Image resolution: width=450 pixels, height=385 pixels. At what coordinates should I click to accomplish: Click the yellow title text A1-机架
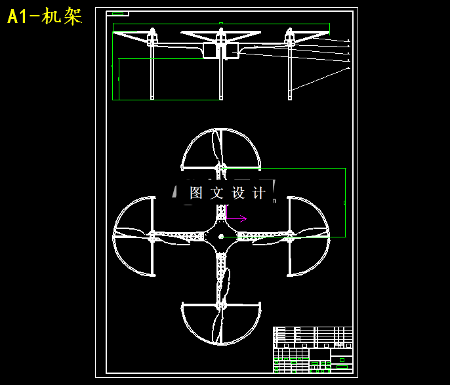click(x=45, y=17)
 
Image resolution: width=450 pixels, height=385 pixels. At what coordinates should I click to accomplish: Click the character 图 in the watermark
click(x=196, y=193)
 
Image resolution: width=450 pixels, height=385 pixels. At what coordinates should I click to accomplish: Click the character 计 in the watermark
click(x=259, y=193)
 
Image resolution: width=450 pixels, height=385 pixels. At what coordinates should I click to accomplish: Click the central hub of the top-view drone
click(x=221, y=235)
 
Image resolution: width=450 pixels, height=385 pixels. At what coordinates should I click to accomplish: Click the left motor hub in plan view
click(x=153, y=235)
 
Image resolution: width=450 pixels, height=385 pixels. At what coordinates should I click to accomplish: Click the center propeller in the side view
click(x=221, y=32)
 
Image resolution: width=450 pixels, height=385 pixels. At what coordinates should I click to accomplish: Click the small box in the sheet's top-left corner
click(x=117, y=13)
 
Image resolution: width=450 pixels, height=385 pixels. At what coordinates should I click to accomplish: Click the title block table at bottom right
click(x=313, y=350)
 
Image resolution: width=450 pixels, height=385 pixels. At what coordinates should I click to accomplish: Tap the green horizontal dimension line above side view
click(x=221, y=25)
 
